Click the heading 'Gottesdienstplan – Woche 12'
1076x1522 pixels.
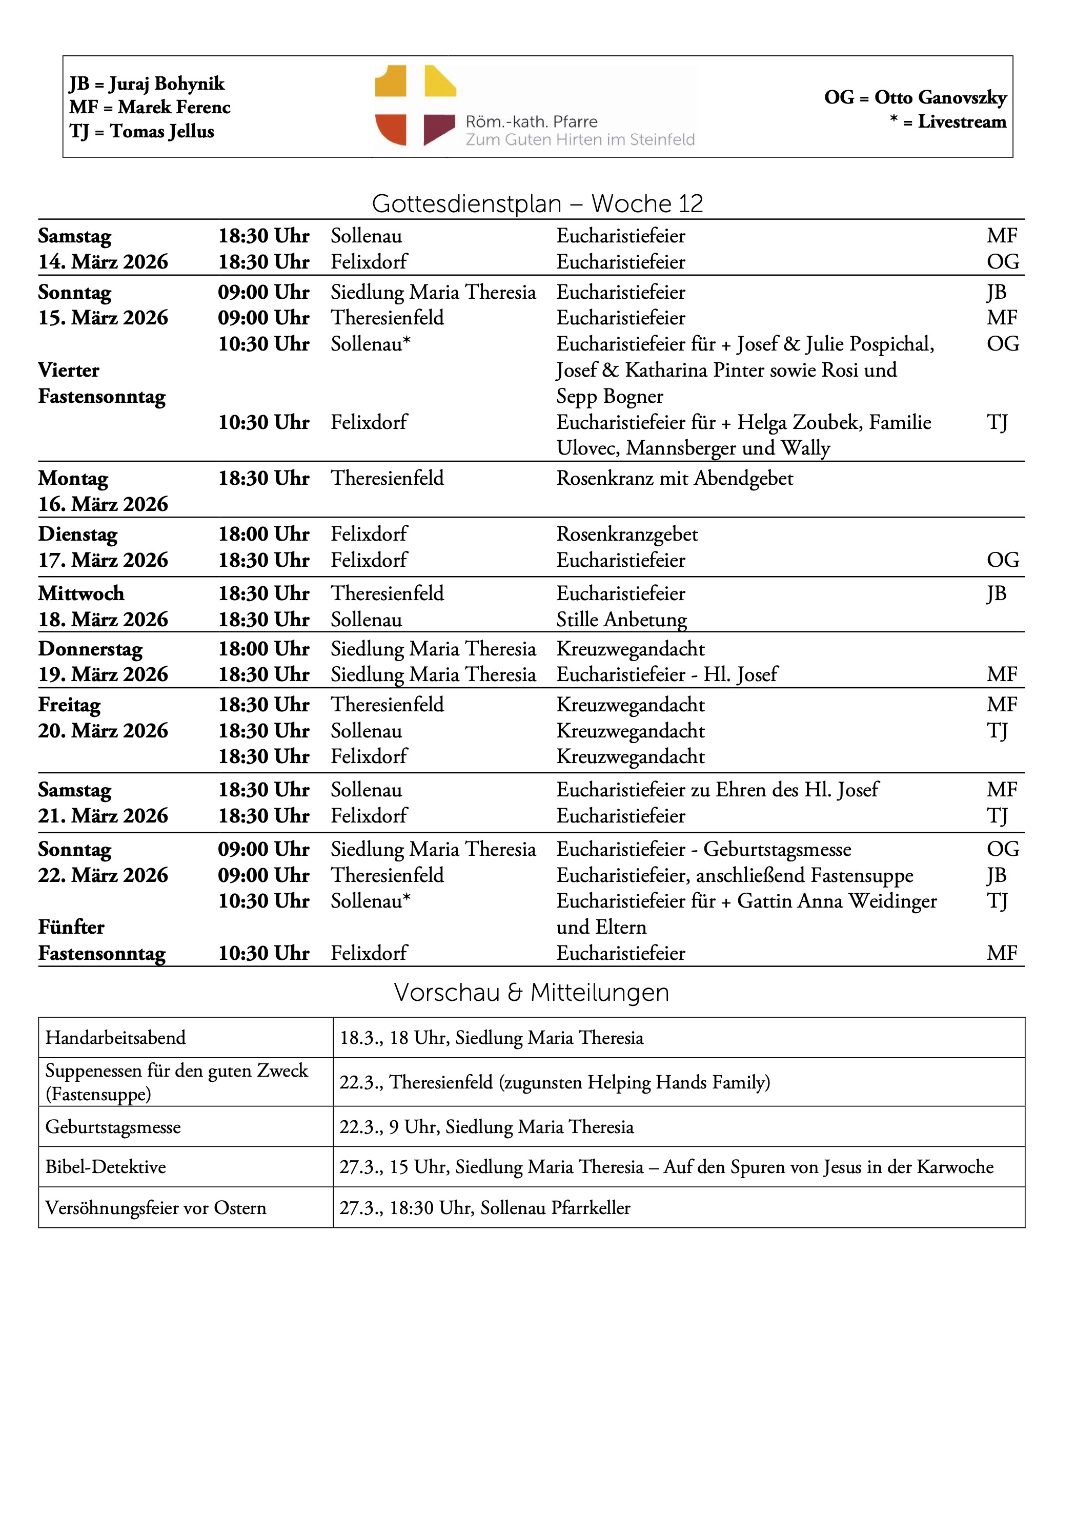point(537,203)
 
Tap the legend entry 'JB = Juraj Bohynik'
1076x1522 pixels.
point(147,84)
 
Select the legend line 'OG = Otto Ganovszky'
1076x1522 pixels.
point(915,97)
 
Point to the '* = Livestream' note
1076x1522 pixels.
point(948,122)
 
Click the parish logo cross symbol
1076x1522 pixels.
point(415,106)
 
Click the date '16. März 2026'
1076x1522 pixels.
point(103,504)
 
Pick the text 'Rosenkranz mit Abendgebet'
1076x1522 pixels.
point(674,479)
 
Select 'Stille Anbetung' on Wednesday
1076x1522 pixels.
point(621,620)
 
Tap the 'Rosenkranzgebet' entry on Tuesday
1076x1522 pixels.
point(626,534)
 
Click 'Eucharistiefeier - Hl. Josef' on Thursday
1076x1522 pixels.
point(666,675)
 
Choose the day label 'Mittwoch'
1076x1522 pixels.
point(81,593)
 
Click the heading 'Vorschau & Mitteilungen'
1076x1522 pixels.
point(531,992)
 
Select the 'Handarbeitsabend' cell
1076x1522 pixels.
point(115,1038)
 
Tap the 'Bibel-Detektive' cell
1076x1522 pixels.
point(106,1167)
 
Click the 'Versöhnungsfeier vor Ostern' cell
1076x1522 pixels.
point(156,1208)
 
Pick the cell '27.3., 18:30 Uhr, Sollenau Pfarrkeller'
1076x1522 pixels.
point(484,1208)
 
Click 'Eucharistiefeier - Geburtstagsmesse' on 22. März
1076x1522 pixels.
point(703,849)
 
